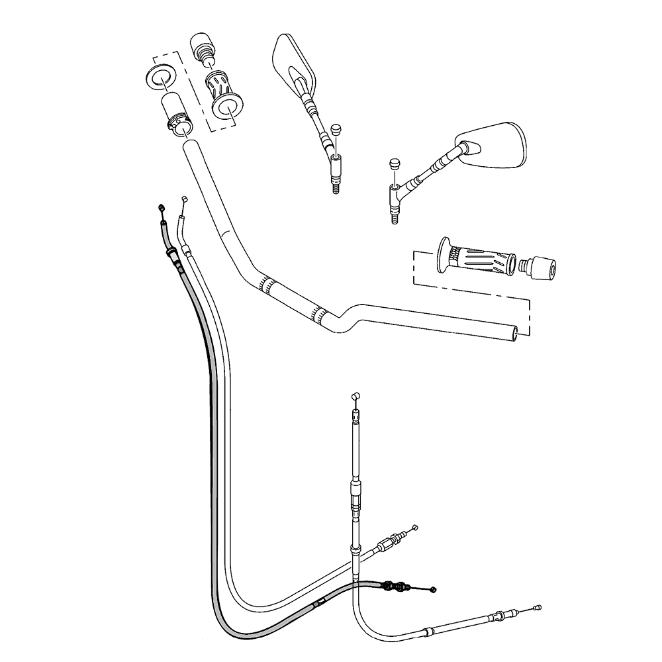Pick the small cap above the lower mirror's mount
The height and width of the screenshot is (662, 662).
[x=395, y=163]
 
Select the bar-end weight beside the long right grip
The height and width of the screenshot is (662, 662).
[x=540, y=267]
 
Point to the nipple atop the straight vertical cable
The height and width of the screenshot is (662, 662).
[x=355, y=395]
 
